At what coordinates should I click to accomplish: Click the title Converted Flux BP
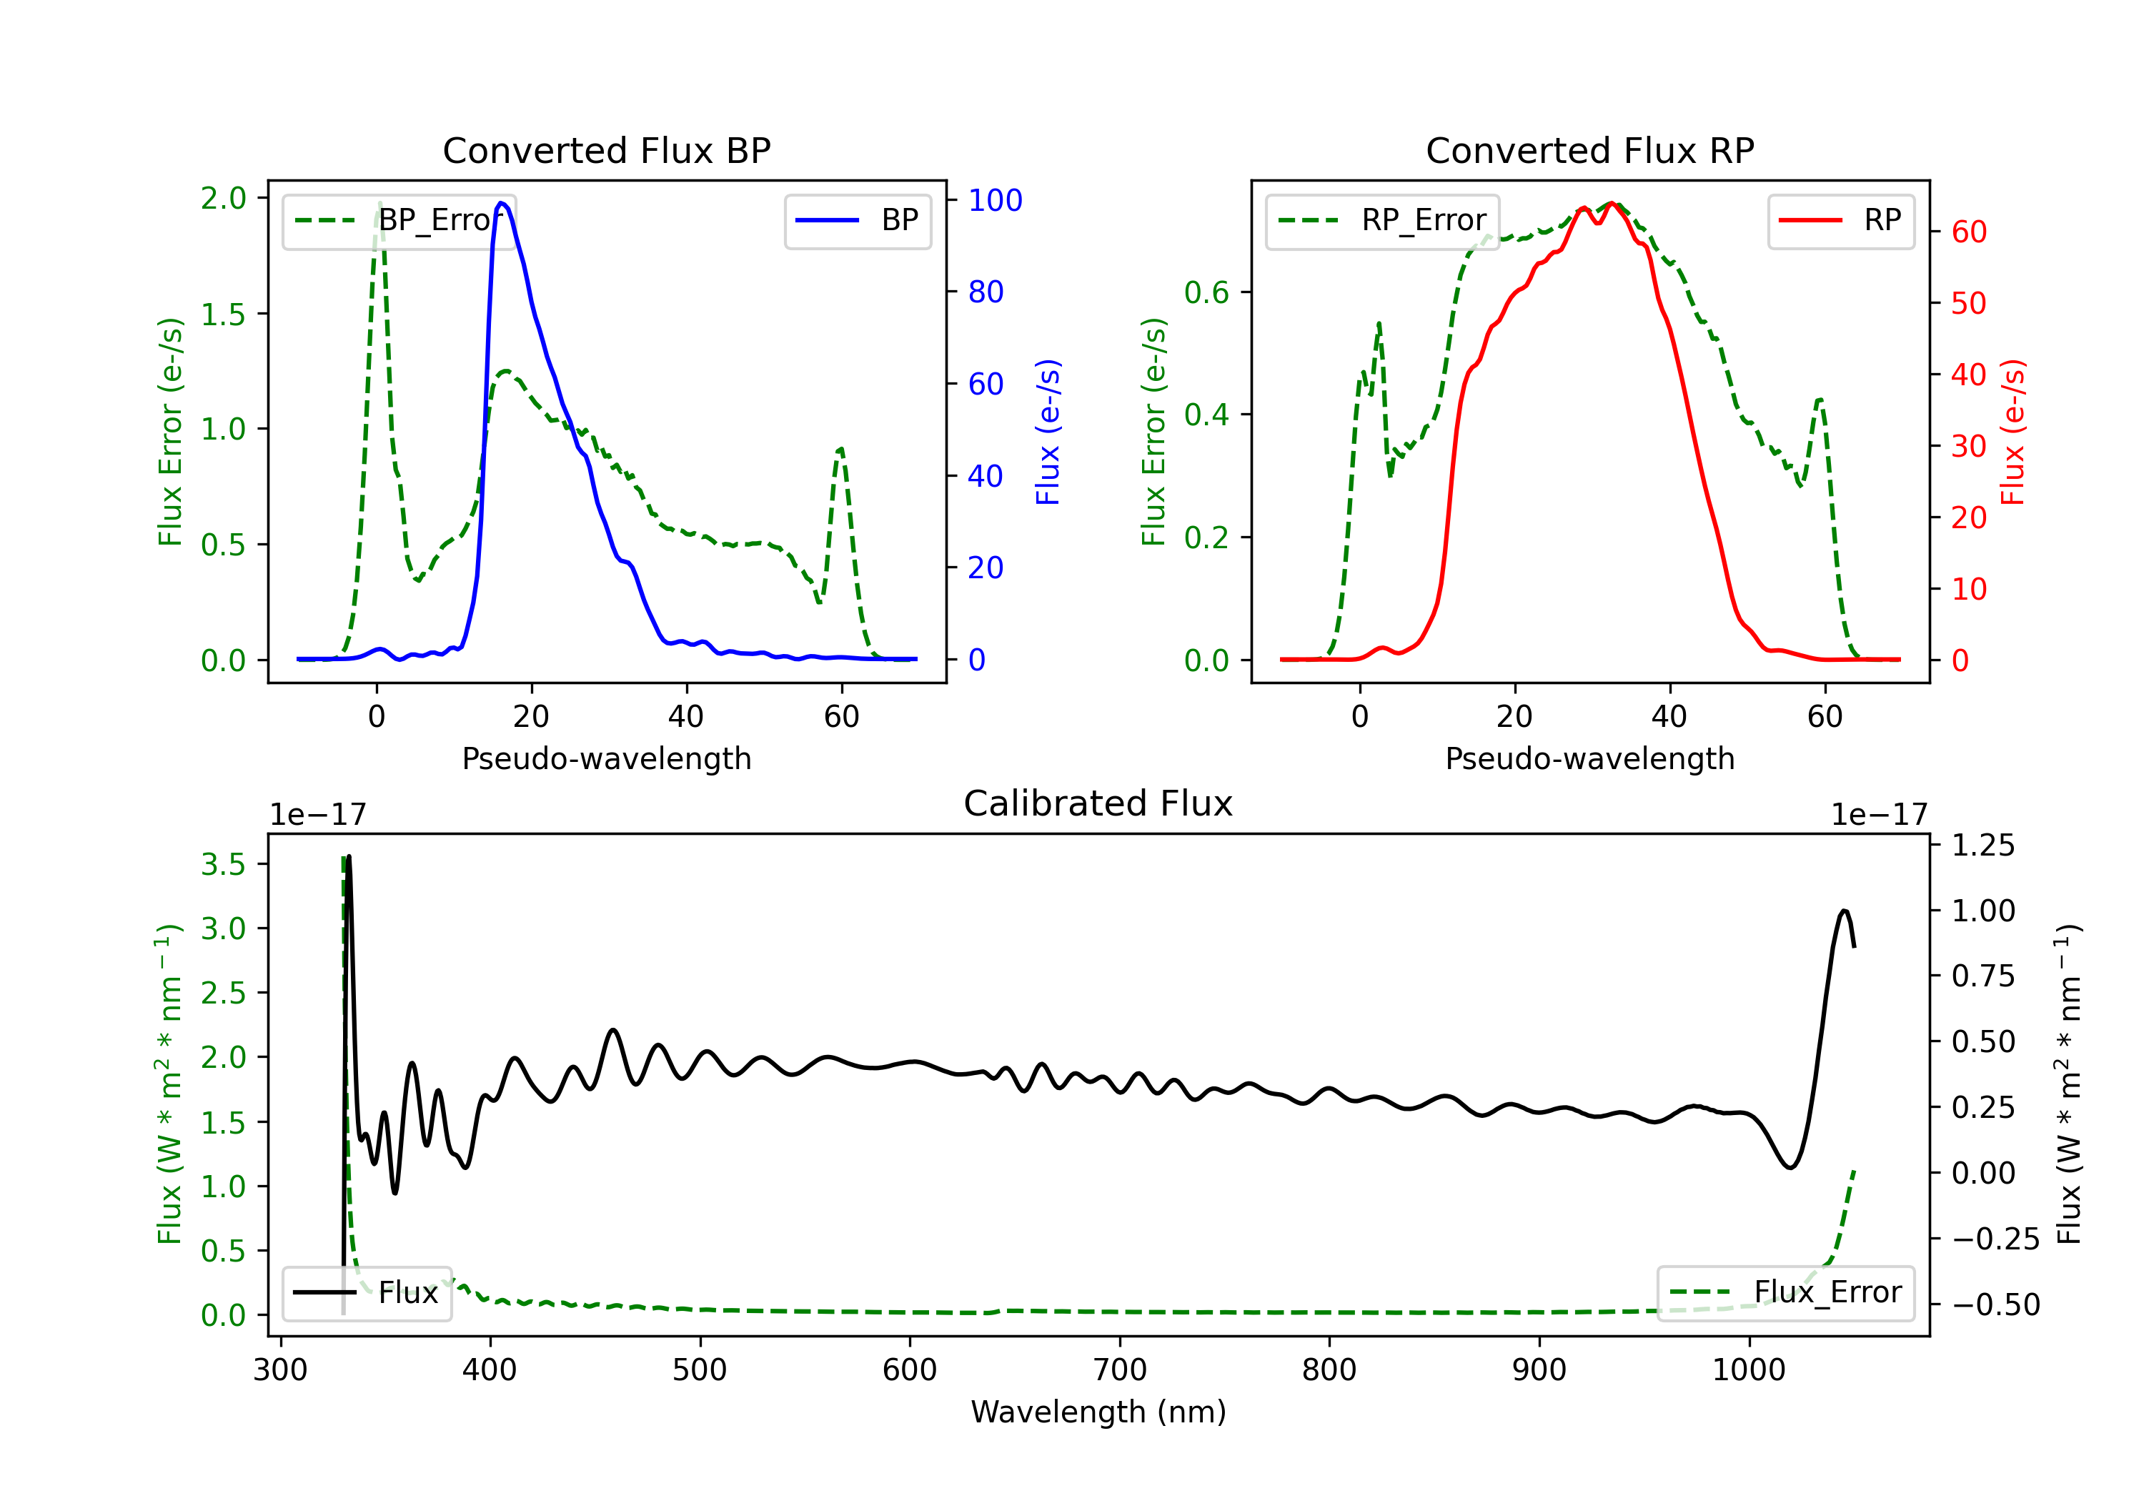click(606, 150)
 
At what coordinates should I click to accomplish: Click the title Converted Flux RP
click(1589, 150)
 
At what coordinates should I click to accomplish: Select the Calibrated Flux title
click(1098, 803)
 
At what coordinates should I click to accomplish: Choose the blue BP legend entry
click(857, 220)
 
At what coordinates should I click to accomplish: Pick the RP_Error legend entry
click(1382, 220)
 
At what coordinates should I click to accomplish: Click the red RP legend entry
click(1840, 220)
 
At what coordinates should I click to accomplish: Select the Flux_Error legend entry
click(1785, 1293)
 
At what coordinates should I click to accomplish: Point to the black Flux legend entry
click(366, 1293)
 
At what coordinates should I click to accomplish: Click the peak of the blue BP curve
click(502, 203)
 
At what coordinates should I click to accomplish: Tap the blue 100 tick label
click(996, 200)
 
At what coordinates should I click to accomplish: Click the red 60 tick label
click(1970, 232)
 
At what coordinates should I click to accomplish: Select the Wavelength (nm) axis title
click(1098, 1412)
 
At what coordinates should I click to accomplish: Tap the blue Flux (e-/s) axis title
click(1048, 432)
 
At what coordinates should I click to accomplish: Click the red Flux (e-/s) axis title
click(2013, 432)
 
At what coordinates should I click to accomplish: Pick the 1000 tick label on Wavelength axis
click(1749, 1370)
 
